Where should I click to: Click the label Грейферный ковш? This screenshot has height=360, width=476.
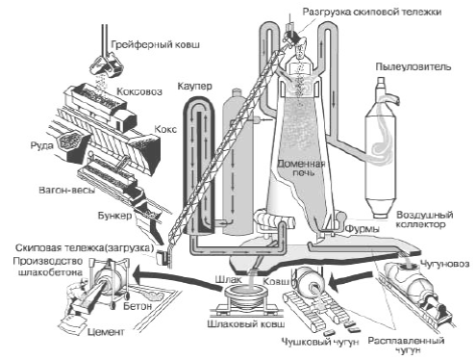[x=155, y=44]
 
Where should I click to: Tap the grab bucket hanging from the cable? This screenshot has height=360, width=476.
[x=107, y=65]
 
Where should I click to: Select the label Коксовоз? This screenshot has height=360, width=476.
[x=139, y=91]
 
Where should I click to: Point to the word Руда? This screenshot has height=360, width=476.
[x=41, y=146]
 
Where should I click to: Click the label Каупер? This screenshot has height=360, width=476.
[x=194, y=87]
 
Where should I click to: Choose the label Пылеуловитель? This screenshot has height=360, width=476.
[x=413, y=66]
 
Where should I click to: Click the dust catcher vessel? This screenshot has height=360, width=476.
[x=382, y=151]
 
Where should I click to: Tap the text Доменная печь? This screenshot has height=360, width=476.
[x=301, y=167]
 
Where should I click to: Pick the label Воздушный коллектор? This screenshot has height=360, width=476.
[x=424, y=219]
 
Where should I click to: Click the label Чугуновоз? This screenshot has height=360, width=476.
[x=444, y=264]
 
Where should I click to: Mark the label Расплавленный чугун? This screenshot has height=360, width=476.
[x=407, y=345]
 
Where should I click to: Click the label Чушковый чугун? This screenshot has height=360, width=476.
[x=320, y=342]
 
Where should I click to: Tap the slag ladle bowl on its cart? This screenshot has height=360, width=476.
[x=246, y=294]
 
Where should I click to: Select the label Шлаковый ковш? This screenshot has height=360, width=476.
[x=246, y=323]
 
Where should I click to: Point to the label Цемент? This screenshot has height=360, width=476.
[x=106, y=331]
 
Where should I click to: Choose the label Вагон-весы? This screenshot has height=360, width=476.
[x=67, y=190]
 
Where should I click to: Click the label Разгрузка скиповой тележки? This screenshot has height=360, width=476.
[x=372, y=12]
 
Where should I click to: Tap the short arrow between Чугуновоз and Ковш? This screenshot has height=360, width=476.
[x=352, y=280]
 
